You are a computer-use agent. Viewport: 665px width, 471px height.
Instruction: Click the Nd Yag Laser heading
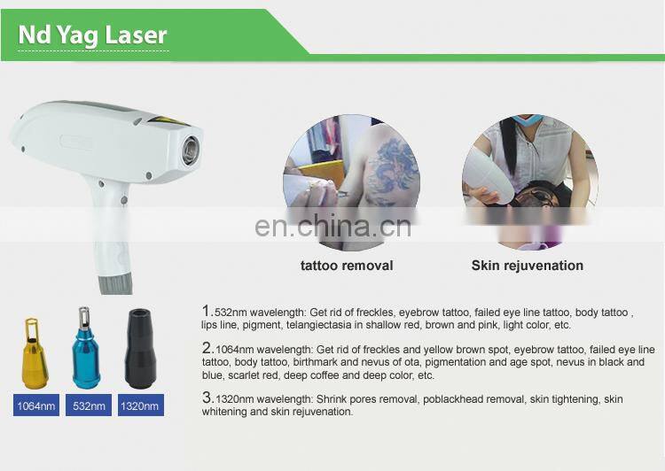[x=92, y=35]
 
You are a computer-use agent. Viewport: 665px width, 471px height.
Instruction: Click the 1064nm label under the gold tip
[x=35, y=406]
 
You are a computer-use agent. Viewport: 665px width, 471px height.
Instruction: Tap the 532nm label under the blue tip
[x=89, y=406]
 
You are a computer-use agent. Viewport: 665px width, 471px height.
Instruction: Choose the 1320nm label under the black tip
[x=140, y=406]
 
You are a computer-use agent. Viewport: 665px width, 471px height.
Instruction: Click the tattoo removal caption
[x=347, y=265]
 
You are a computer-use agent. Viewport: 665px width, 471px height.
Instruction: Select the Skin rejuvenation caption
[x=527, y=265]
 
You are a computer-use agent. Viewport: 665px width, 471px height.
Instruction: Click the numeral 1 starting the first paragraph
[x=206, y=312]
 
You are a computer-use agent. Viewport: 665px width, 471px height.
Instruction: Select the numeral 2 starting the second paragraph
[x=206, y=348]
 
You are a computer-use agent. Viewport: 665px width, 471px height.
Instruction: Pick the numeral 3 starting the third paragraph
[x=206, y=398]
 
